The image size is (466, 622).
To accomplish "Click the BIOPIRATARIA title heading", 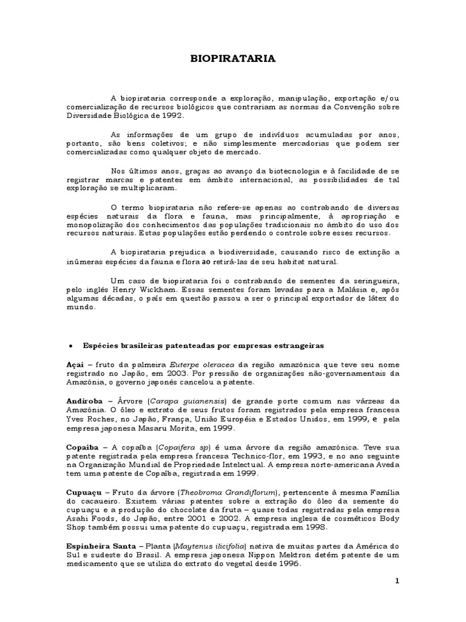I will [233, 59].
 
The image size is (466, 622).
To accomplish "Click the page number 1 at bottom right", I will [398, 581].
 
